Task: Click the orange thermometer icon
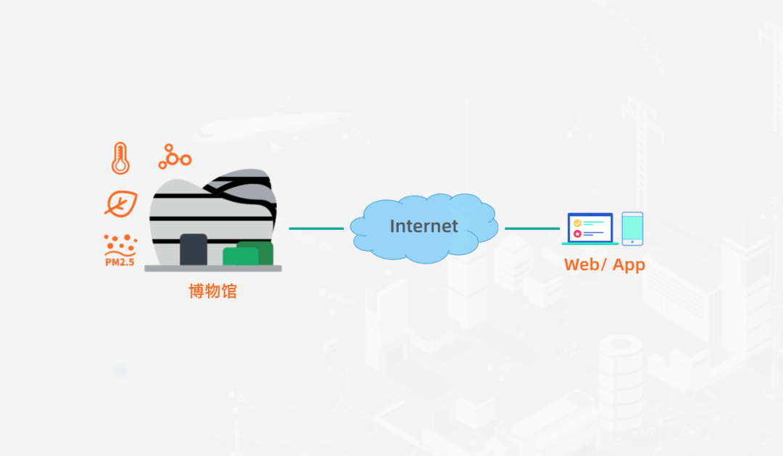(x=120, y=158)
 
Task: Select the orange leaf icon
(x=121, y=204)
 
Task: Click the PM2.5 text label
(x=120, y=262)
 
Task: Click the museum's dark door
(x=194, y=249)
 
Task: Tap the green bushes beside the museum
(x=248, y=253)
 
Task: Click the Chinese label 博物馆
(x=212, y=291)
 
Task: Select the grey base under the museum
(x=213, y=269)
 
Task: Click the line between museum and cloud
(x=316, y=228)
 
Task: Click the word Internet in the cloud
(x=424, y=226)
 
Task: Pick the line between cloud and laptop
(x=532, y=228)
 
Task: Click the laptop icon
(x=590, y=229)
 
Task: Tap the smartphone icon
(x=632, y=229)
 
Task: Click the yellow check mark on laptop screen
(x=577, y=223)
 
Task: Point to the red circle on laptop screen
(x=577, y=233)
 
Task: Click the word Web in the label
(x=582, y=264)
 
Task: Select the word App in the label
(x=629, y=265)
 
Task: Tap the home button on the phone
(x=632, y=241)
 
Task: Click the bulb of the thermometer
(x=120, y=166)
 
